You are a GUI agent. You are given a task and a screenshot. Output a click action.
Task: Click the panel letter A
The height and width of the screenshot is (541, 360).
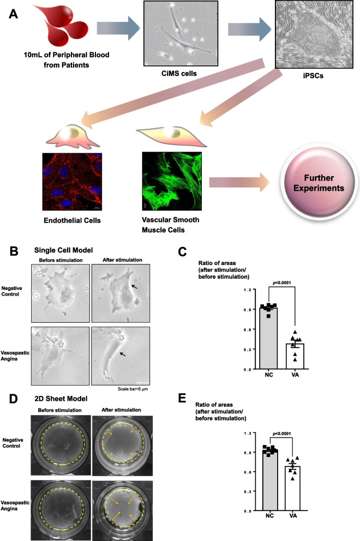point(16,15)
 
